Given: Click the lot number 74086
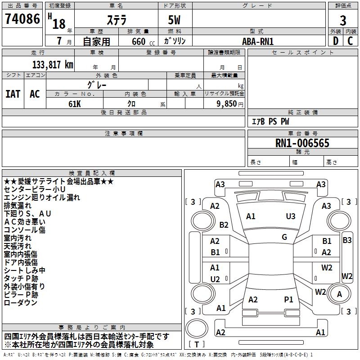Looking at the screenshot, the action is click(x=22, y=19).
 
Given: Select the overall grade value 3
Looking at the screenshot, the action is click(x=343, y=20).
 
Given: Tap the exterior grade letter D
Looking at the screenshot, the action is click(x=335, y=40).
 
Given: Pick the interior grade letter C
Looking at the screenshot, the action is click(x=351, y=40).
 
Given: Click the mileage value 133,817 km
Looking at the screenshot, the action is click(x=53, y=64).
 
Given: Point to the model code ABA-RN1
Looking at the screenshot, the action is click(x=257, y=41).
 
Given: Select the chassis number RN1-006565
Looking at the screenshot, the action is click(x=302, y=144).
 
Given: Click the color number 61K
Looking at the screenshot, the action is click(x=75, y=103).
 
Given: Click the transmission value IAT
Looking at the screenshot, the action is click(x=13, y=94).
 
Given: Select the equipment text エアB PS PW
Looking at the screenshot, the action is click(x=270, y=121).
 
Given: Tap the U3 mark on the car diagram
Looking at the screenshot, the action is click(x=291, y=216).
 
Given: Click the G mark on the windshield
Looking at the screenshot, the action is click(x=284, y=237).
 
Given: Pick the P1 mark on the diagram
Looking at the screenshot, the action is click(x=288, y=299).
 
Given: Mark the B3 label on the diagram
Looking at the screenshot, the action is click(x=347, y=240).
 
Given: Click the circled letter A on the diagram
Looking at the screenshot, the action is click(x=340, y=294).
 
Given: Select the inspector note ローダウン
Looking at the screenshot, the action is click(x=20, y=303).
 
